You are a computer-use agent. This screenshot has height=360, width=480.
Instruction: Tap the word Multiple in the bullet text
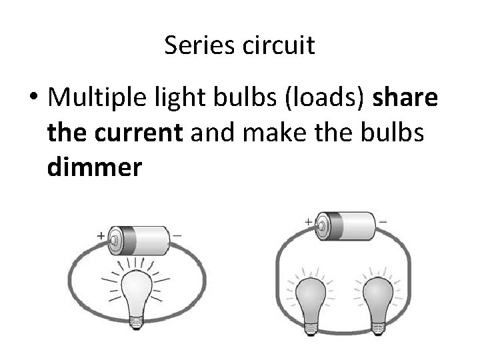(x=93, y=99)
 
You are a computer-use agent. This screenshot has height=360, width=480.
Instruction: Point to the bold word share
(x=406, y=99)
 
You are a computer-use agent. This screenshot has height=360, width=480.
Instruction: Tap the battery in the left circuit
(x=142, y=240)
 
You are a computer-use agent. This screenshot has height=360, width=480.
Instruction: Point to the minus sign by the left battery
(x=177, y=234)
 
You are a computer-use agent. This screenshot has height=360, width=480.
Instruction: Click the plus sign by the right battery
(x=309, y=222)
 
